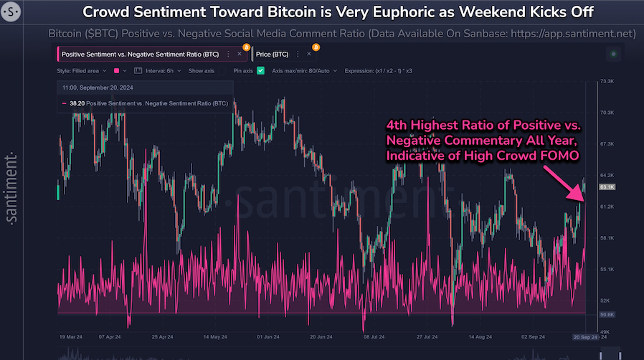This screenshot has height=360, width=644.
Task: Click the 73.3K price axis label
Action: point(608,82)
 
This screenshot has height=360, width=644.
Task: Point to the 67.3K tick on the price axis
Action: point(608,144)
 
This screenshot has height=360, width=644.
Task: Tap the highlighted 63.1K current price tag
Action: point(608,186)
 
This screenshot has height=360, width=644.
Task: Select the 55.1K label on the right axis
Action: point(608,269)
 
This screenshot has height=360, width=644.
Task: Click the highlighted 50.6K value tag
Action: point(608,314)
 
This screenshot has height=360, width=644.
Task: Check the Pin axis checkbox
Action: point(261,71)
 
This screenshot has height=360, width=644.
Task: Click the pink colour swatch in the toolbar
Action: point(115,71)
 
